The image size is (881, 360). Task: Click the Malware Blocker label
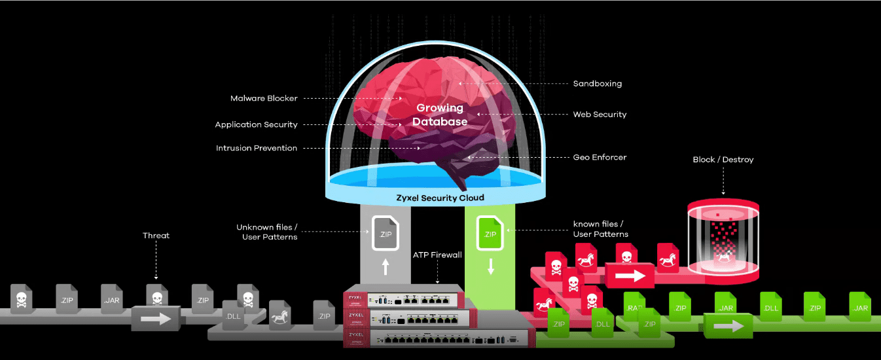tap(264, 98)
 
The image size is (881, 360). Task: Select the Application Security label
tap(256, 124)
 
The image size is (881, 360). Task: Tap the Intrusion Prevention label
tap(257, 148)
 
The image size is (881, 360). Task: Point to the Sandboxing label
tap(597, 84)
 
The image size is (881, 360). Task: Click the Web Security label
tap(600, 115)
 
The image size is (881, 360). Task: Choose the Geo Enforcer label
tap(600, 157)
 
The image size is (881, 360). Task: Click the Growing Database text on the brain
tap(440, 115)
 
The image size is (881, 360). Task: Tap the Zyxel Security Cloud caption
tap(440, 198)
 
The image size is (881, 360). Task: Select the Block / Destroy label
tap(723, 160)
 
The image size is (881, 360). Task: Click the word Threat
tap(156, 236)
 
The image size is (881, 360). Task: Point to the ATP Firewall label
tap(437, 255)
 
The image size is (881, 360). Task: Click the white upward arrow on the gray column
tap(385, 266)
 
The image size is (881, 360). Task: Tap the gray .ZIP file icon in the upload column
tap(385, 232)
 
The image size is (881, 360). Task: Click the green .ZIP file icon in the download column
tap(490, 232)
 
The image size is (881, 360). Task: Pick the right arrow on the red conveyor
tap(630, 275)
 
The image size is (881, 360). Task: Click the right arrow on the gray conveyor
tap(155, 319)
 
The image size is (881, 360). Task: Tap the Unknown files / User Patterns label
tap(267, 232)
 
